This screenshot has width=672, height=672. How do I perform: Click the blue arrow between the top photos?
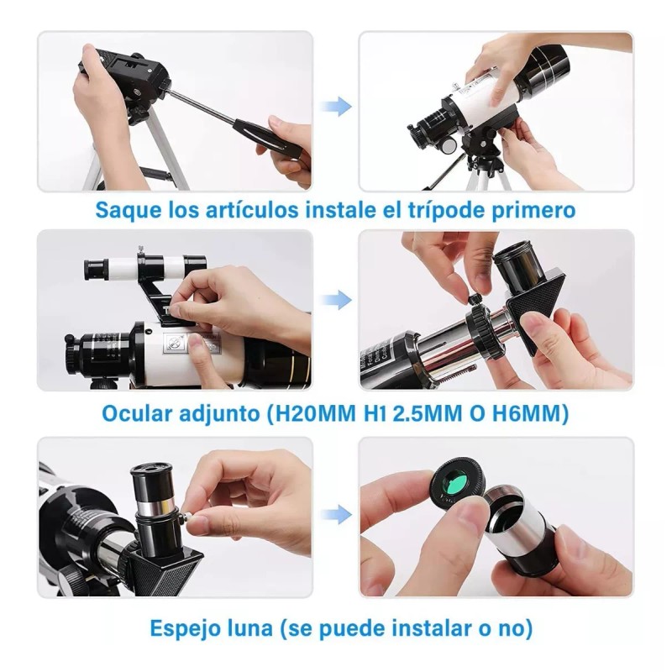336,106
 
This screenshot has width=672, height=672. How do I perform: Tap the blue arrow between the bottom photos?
336,514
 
